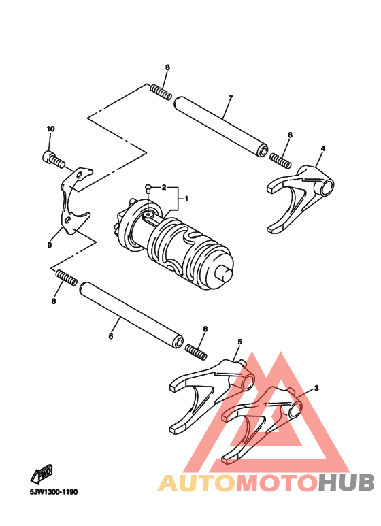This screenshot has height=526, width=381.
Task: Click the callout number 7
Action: click(x=231, y=98)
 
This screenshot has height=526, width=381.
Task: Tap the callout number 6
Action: click(x=111, y=335)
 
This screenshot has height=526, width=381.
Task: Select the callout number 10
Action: click(x=50, y=129)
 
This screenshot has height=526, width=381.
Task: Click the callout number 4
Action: click(x=323, y=148)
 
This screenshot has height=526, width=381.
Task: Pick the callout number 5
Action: click(x=239, y=341)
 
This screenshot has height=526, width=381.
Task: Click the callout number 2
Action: click(x=163, y=186)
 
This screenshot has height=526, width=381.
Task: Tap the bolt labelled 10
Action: click(x=54, y=160)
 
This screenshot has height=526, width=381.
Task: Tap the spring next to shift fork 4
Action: click(x=280, y=161)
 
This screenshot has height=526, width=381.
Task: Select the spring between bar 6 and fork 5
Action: click(x=196, y=352)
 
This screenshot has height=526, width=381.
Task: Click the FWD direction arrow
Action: click(x=42, y=474)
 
